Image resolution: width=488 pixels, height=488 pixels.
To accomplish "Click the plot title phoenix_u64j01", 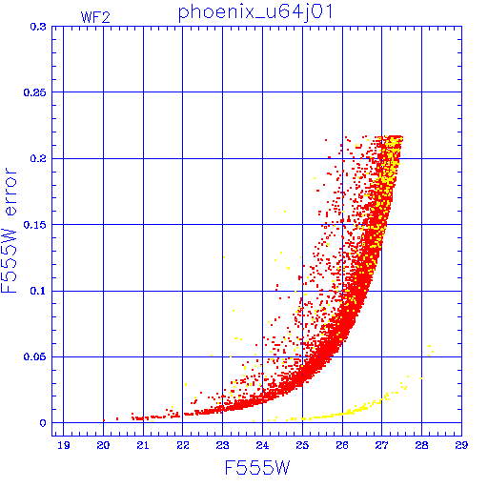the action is point(255,12).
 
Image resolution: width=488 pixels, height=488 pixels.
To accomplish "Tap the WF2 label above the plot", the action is point(95,17).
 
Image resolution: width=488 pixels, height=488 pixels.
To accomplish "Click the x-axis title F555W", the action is point(257,468).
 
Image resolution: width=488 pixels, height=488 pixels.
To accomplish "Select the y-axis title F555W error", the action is point(9,231).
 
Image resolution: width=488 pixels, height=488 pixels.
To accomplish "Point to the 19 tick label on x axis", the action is point(64,445).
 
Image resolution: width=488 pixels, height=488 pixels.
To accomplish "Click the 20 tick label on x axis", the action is point(103,445).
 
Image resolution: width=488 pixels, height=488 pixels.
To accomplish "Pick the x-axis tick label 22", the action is point(183,445).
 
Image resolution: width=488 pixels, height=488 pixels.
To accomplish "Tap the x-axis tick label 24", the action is point(262,445).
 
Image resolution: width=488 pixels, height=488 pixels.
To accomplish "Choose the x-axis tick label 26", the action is point(342,445).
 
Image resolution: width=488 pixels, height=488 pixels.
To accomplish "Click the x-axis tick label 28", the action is point(421,445).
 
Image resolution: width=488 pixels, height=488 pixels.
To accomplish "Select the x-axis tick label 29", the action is point(461,445).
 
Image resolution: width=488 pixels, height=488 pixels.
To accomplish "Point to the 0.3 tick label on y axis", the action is point(38,27).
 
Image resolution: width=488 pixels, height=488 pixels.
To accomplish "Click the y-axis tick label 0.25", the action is point(35,92).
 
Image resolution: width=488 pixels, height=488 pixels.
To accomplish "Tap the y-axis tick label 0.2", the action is point(38,158).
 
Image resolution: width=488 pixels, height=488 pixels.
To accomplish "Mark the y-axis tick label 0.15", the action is point(35,225).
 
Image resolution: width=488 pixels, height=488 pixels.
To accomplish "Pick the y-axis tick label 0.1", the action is point(38,291).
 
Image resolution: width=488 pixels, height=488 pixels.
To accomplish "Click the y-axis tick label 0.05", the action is point(35,356).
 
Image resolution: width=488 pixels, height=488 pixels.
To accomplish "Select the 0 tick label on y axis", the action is point(43,423).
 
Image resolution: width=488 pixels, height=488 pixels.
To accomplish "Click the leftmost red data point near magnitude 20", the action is point(104,420).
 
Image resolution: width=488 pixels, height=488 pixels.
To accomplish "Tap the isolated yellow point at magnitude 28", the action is point(421,378).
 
